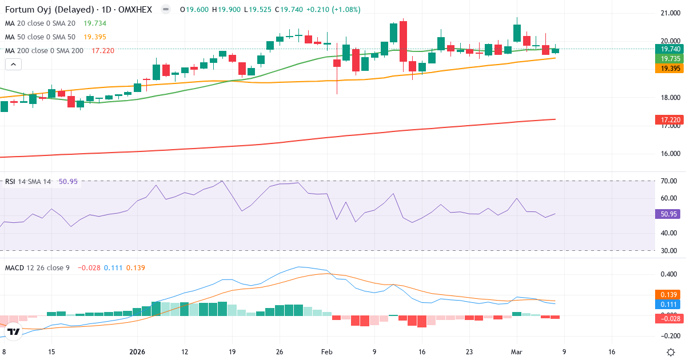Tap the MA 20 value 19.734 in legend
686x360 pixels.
[x=95, y=23]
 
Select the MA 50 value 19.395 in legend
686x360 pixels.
[x=95, y=37]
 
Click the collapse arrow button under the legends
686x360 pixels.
[x=13, y=65]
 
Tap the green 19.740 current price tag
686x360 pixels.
[x=667, y=49]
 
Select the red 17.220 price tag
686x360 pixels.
[x=667, y=119]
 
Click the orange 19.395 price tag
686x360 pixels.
[x=667, y=68]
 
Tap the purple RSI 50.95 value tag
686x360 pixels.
[x=667, y=214]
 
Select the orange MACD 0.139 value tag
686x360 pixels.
[x=667, y=294]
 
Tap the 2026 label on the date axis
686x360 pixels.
[x=138, y=352]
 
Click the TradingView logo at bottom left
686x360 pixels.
[x=14, y=331]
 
